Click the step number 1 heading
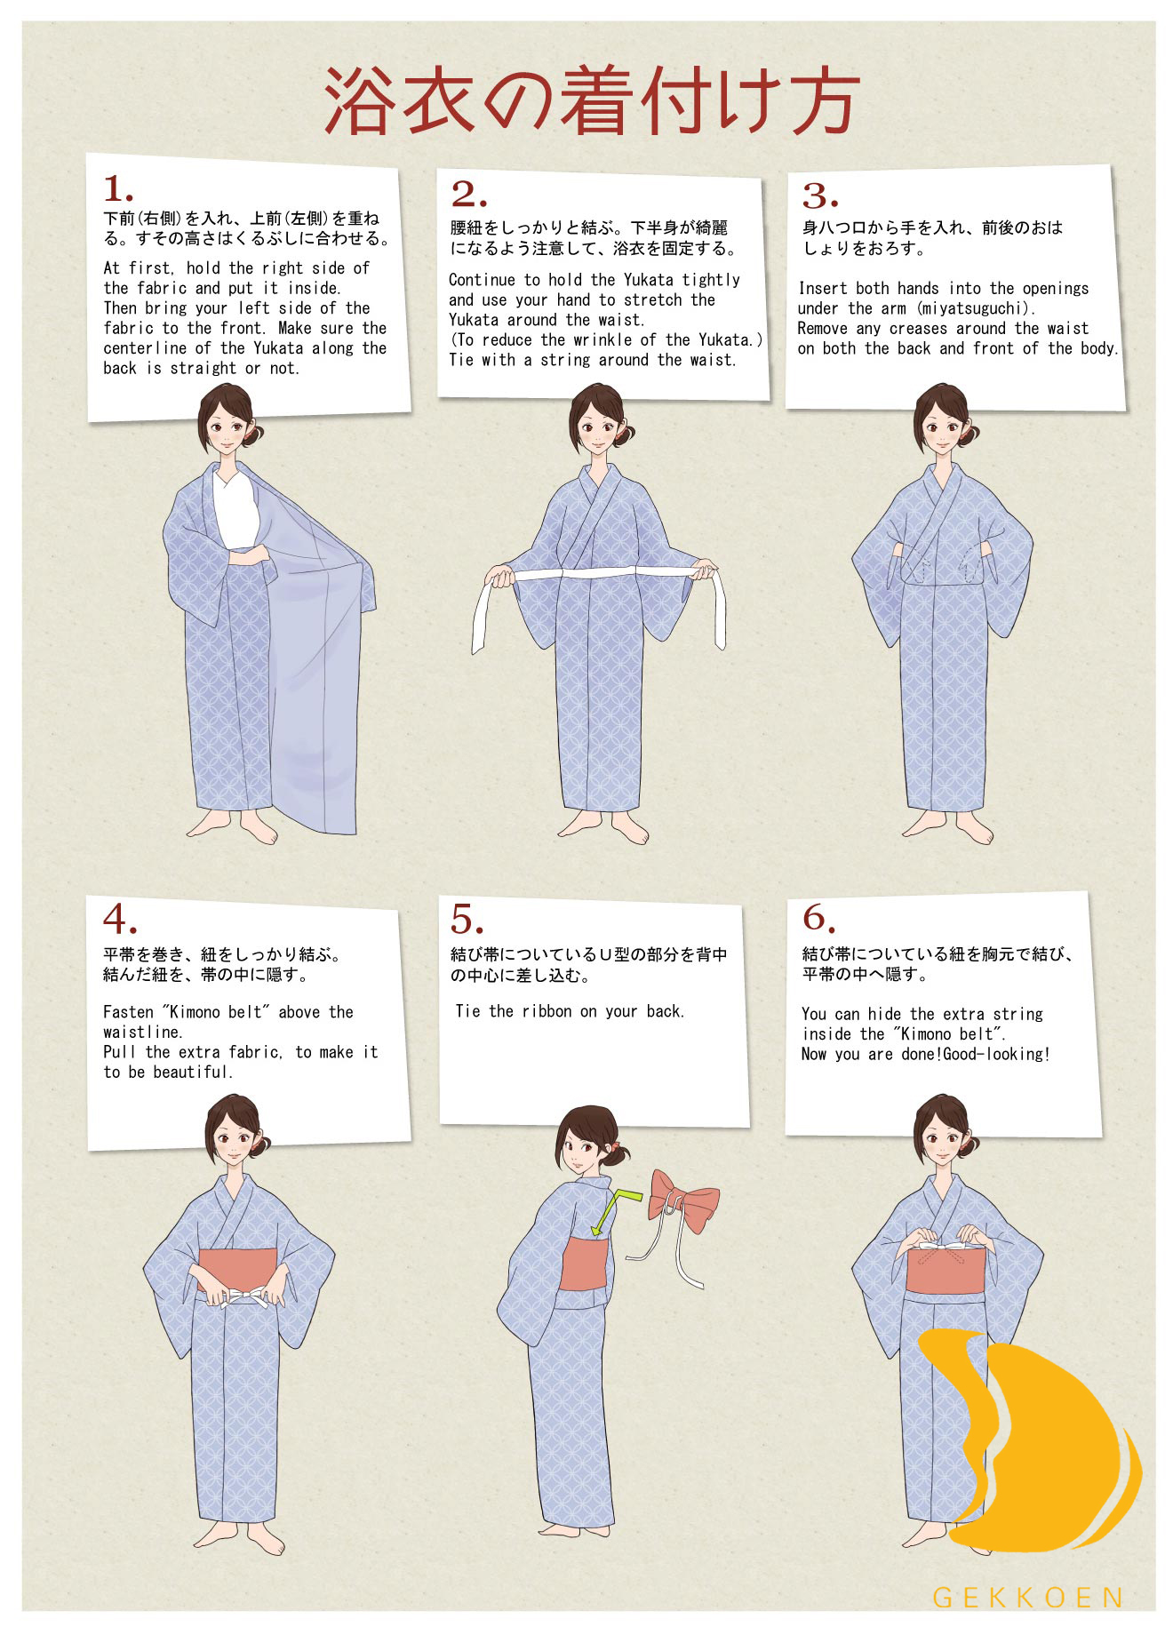[x=118, y=189]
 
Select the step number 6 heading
[x=819, y=916]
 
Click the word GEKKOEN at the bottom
[x=1028, y=1597]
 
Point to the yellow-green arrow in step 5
[x=613, y=1208]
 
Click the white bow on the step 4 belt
[x=240, y=1296]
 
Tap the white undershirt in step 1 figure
[x=236, y=510]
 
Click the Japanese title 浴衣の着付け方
[x=591, y=100]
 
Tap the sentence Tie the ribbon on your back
[x=570, y=1011]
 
